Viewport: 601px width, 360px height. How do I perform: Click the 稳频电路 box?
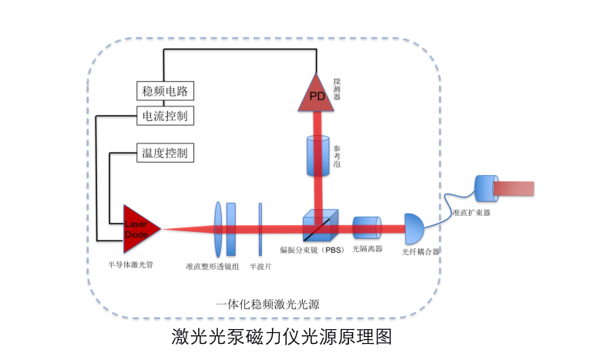coord(165,91)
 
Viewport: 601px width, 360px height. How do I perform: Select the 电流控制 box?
coord(165,116)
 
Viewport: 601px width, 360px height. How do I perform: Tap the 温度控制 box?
coord(165,152)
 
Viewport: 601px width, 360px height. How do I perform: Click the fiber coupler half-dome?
coord(413,228)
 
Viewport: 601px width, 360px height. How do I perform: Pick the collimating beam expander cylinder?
coord(486,189)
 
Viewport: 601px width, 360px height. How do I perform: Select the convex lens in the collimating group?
coord(219,228)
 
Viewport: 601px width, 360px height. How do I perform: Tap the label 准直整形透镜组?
coord(213,266)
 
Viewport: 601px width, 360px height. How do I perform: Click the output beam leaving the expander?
coord(516,189)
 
